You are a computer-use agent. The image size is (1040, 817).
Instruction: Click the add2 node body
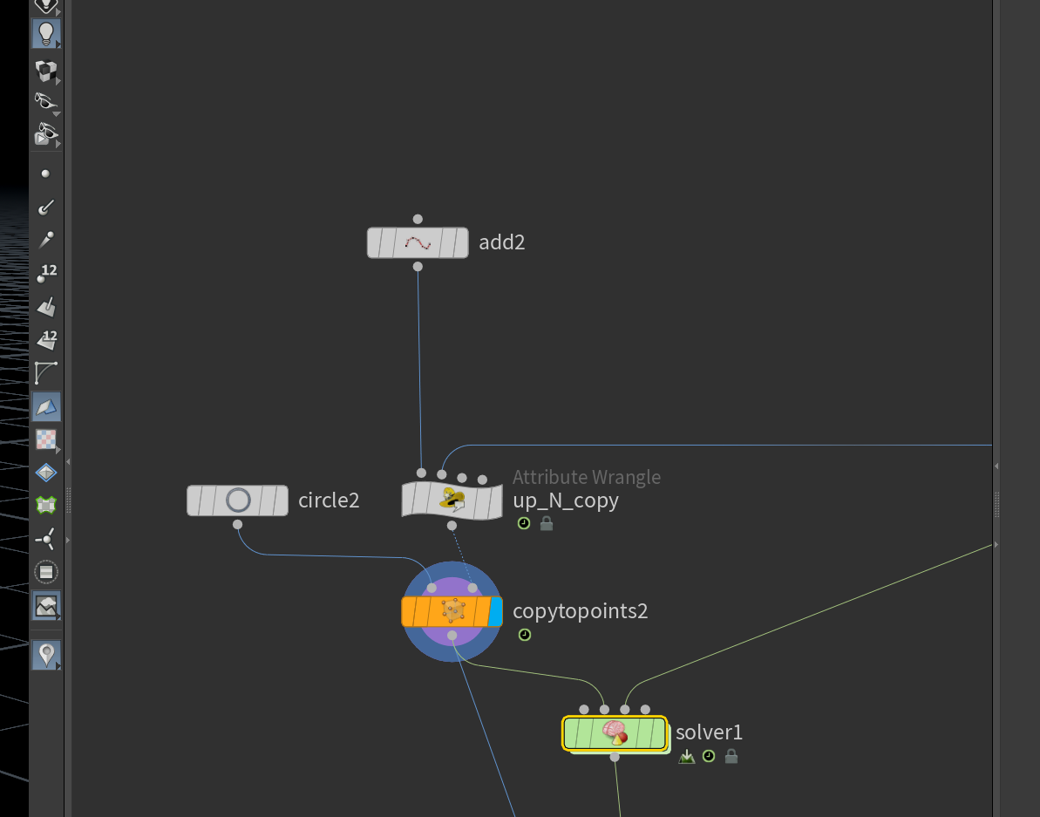click(x=418, y=242)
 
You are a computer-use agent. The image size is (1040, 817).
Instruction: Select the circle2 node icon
click(x=238, y=500)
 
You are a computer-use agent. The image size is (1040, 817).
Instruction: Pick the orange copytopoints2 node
click(x=452, y=611)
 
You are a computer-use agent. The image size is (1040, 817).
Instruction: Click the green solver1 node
click(x=615, y=733)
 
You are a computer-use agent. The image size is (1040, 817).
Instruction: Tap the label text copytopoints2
click(x=581, y=610)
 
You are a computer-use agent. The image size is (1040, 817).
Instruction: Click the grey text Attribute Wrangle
click(x=587, y=477)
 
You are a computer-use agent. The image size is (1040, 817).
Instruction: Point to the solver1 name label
click(x=709, y=732)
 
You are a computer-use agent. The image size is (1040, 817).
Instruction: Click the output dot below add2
click(x=418, y=267)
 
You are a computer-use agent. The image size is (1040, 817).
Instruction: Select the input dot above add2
click(x=418, y=219)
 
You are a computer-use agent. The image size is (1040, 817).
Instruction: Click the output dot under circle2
click(x=237, y=525)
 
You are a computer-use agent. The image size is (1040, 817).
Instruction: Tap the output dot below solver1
click(x=615, y=758)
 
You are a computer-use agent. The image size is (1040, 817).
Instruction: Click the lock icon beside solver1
click(x=731, y=756)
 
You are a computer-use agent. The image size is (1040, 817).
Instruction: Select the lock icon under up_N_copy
click(x=547, y=523)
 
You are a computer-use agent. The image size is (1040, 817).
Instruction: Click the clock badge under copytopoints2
click(x=525, y=635)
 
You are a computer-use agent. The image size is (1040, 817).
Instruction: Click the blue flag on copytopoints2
click(x=495, y=611)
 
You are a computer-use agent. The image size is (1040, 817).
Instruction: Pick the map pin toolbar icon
click(x=46, y=655)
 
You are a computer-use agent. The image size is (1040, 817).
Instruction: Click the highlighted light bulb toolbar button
click(x=46, y=33)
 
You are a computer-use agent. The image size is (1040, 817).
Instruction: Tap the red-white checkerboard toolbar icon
click(x=45, y=439)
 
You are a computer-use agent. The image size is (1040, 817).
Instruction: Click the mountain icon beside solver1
click(x=686, y=757)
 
